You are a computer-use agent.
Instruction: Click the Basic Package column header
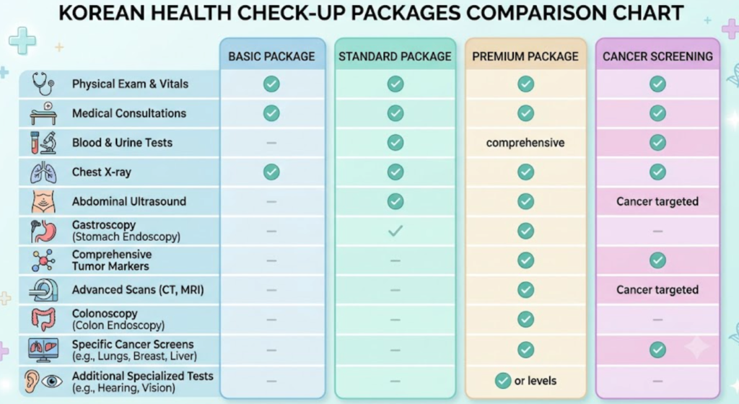coord(271,56)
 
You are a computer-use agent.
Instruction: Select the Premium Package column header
coord(525,56)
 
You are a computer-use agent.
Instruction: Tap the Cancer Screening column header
coord(657,56)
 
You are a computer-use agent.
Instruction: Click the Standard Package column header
coord(395,56)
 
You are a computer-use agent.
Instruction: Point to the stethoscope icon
coord(43,84)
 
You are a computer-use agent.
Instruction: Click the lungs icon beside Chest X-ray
coord(43,172)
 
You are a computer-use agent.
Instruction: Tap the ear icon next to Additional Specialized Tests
coord(32,381)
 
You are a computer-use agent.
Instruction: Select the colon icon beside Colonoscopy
coord(43,320)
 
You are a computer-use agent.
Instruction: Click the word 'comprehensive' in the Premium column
coord(525,143)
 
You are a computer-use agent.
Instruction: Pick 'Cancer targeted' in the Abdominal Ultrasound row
coord(657,201)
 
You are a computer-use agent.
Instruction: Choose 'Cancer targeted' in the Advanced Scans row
coord(657,289)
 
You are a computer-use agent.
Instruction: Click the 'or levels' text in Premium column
coord(535,380)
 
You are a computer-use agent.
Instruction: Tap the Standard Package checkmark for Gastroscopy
coord(395,231)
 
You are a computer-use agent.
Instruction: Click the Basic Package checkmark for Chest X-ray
coord(271,172)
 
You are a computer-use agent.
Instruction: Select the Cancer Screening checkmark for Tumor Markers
coord(657,260)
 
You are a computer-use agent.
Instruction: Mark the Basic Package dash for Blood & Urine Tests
coord(271,143)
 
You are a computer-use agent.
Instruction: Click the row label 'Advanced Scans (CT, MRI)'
coord(138,289)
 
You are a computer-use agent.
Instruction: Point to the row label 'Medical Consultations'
coord(128,113)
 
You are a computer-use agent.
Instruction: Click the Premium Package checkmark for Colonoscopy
coord(525,320)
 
